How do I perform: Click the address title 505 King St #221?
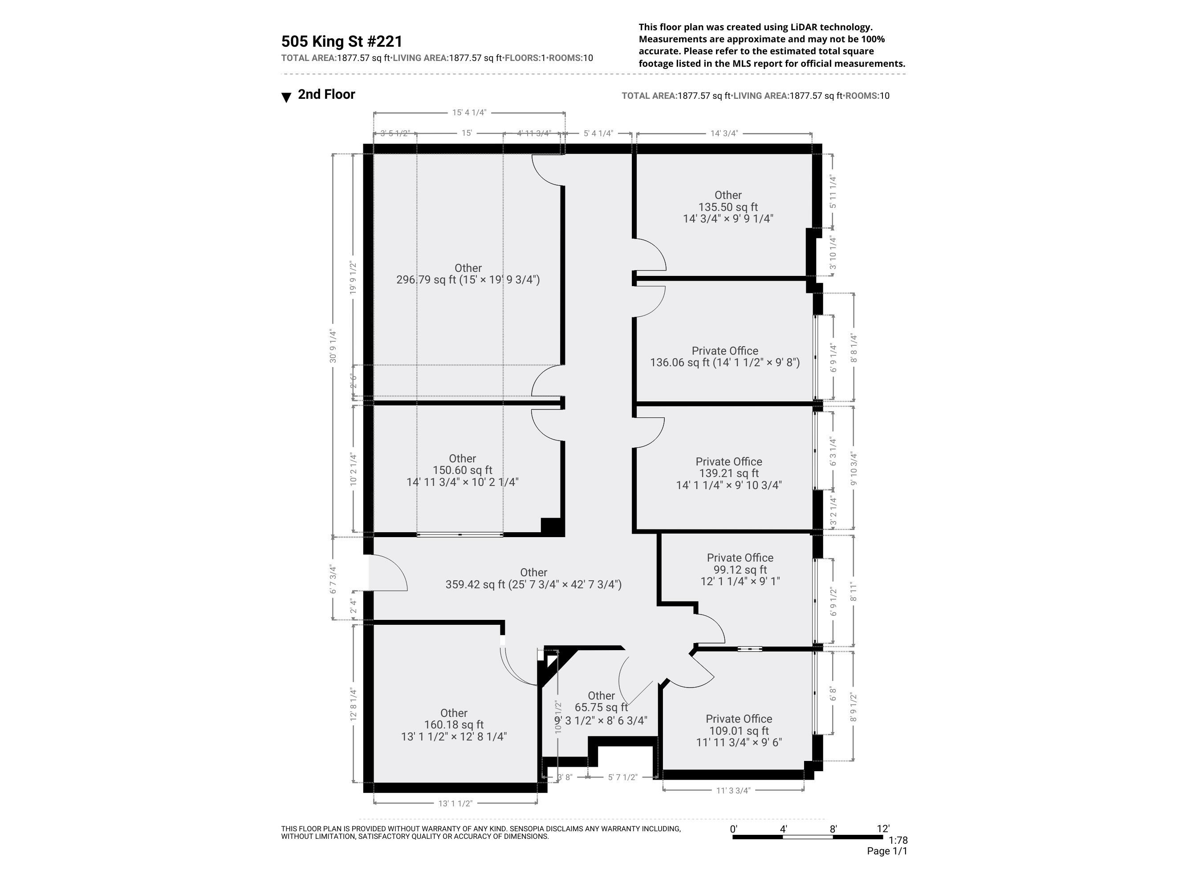[341, 41]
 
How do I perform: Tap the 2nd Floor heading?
[326, 94]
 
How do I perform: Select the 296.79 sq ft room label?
[467, 274]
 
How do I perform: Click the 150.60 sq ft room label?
[462, 470]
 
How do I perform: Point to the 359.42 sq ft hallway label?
[533, 579]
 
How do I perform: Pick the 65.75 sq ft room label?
[601, 708]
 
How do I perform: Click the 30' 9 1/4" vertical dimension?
[333, 346]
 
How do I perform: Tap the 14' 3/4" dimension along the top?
[724, 133]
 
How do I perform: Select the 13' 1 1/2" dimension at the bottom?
[455, 803]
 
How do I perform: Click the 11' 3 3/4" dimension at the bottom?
[733, 790]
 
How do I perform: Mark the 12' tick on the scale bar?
[883, 829]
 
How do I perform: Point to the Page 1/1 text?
[886, 851]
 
